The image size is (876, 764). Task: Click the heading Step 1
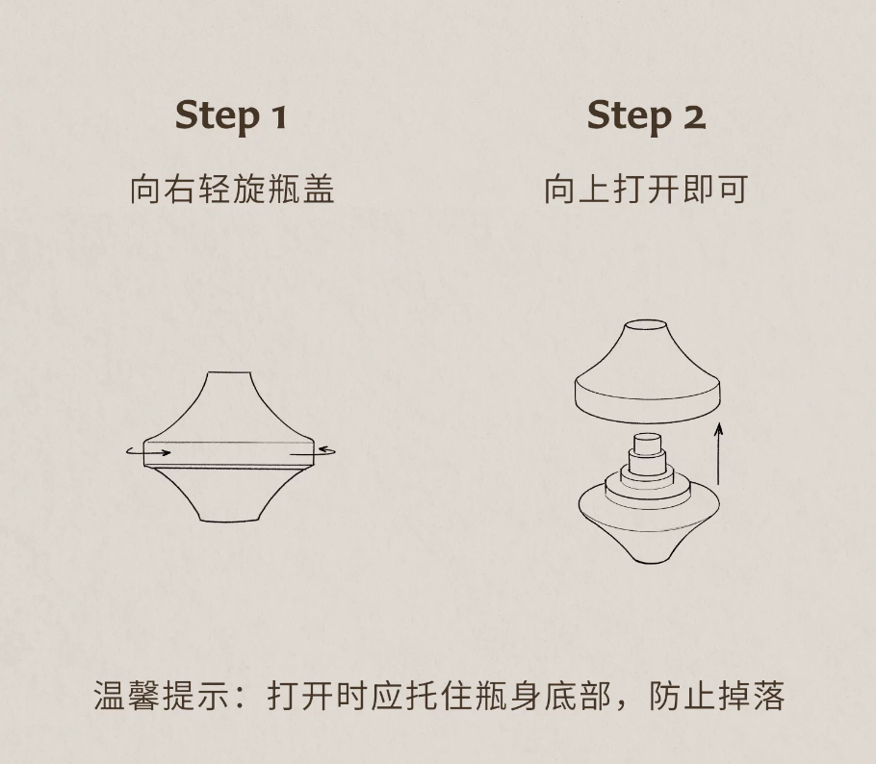[x=231, y=116]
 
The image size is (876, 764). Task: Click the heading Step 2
[x=646, y=116]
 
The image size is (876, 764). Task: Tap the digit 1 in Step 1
[x=279, y=117]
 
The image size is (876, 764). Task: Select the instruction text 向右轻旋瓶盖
[x=232, y=190]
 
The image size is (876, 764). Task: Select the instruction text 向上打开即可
[x=646, y=190]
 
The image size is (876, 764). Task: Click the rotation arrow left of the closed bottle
[x=148, y=451]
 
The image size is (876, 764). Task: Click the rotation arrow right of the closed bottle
[x=314, y=451]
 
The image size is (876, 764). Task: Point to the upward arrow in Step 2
[x=718, y=453]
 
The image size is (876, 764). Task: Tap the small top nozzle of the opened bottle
[x=646, y=443]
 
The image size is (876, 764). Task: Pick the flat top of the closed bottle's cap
[x=229, y=372]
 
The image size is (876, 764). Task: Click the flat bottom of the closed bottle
[x=230, y=522]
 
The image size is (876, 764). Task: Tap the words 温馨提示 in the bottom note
[x=162, y=696]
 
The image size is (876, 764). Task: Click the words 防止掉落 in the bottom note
[x=717, y=696]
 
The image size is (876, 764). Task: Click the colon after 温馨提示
[x=242, y=698]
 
